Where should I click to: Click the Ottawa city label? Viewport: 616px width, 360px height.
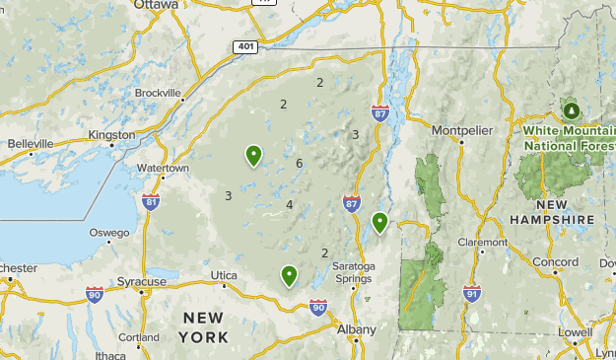pyautogui.click(x=158, y=5)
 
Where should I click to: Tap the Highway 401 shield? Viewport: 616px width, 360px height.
pyautogui.click(x=246, y=46)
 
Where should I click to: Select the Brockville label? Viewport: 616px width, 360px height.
pyautogui.click(x=159, y=93)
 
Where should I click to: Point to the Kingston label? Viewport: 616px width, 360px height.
pyautogui.click(x=111, y=135)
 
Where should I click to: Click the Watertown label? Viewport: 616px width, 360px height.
pyautogui.click(x=163, y=169)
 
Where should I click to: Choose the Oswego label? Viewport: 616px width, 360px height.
pyautogui.click(x=109, y=233)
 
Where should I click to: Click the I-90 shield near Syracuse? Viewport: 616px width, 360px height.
pyautogui.click(x=95, y=293)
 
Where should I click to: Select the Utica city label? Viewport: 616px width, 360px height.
pyautogui.click(x=224, y=274)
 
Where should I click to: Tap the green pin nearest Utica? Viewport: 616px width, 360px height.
pyautogui.click(x=289, y=275)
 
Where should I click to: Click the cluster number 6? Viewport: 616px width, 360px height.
pyautogui.click(x=300, y=163)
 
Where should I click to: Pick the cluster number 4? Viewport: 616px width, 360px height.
pyautogui.click(x=290, y=205)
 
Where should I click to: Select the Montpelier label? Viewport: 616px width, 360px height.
pyautogui.click(x=460, y=128)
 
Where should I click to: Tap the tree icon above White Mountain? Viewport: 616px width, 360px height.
pyautogui.click(x=571, y=107)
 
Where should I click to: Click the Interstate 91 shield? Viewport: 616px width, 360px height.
pyautogui.click(x=472, y=294)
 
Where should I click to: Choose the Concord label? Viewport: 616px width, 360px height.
pyautogui.click(x=556, y=262)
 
